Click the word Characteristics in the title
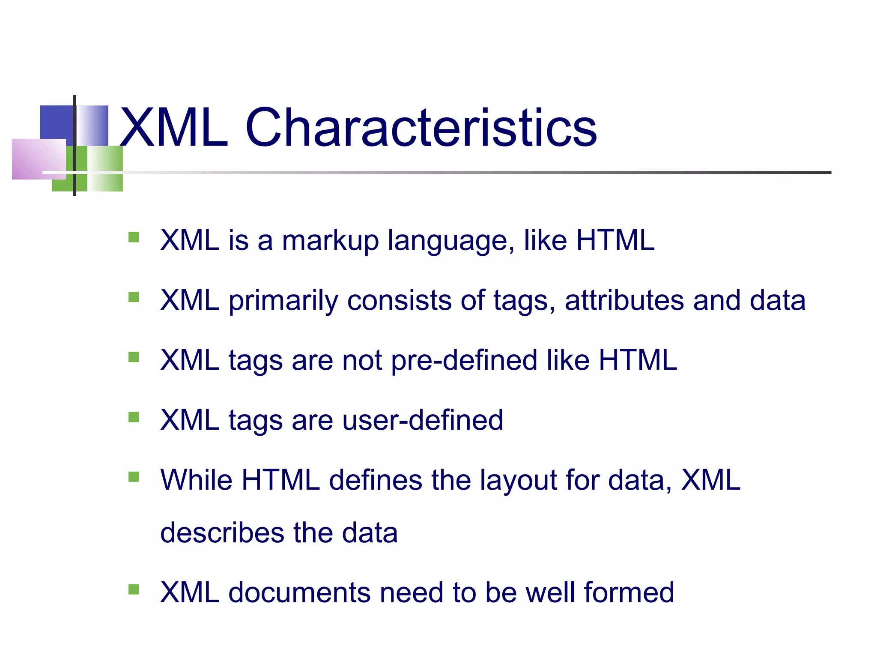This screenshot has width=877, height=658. pos(421,128)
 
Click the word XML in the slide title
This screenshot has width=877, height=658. pos(174,128)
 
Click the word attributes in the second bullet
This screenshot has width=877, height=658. pos(624,300)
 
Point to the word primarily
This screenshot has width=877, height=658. pos(283,301)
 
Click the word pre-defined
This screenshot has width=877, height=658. pos(464,361)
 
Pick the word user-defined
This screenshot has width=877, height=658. pos(423,420)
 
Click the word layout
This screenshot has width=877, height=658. pos(518,481)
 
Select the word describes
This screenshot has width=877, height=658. pos(222,533)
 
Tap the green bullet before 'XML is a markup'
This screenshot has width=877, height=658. pos(134,237)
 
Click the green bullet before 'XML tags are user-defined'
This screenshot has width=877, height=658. pos(134,417)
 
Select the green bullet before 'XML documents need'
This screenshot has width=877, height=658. pos(134,589)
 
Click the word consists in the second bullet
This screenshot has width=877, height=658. pos(399,300)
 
